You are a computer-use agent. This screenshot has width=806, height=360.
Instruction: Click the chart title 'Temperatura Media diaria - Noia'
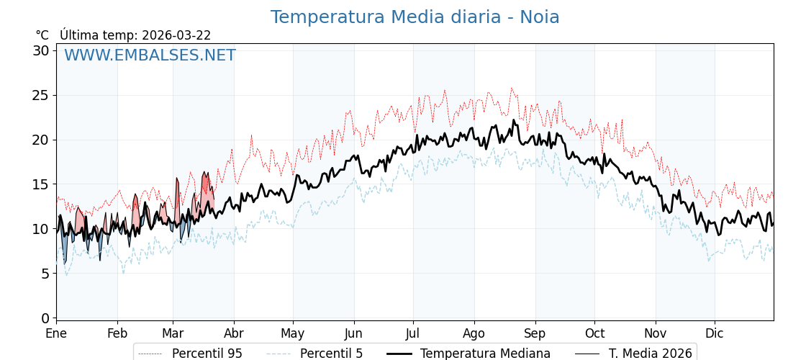coord(415,17)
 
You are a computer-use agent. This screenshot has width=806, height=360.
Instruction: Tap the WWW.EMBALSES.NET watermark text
coord(150,55)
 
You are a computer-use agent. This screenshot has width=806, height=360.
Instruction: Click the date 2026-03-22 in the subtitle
coord(176,35)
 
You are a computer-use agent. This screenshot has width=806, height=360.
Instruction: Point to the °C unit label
coord(42,35)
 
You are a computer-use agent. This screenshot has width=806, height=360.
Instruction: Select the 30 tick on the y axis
coord(41,50)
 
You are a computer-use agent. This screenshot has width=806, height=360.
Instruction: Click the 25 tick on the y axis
coord(41,95)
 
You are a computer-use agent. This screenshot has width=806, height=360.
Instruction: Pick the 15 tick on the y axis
coord(41,184)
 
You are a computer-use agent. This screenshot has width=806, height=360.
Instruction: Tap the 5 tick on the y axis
coord(45,274)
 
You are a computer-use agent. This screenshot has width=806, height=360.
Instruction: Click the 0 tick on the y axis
coord(45,318)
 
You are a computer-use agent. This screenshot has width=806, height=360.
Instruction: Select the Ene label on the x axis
coord(56,334)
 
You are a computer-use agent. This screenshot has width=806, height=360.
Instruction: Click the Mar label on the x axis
coord(173,334)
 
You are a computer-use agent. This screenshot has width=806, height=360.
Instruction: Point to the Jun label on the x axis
coord(353,334)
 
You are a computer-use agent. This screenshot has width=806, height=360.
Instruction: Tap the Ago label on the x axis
coord(474,334)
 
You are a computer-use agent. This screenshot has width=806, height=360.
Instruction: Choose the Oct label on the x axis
coord(594,334)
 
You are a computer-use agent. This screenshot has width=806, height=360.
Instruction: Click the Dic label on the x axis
coord(715,334)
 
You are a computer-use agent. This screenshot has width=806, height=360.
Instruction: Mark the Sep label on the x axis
coord(535,334)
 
